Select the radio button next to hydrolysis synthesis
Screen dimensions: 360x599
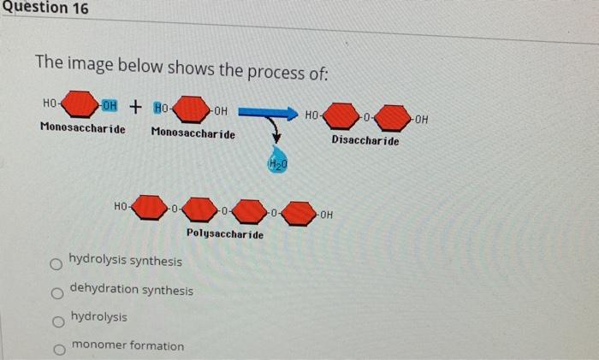coord(56,265)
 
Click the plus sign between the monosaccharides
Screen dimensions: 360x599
coord(135,107)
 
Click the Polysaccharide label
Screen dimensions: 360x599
coord(225,233)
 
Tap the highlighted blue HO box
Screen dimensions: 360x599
coord(160,108)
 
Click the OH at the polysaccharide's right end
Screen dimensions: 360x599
coord(327,214)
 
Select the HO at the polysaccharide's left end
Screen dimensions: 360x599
coord(122,205)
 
